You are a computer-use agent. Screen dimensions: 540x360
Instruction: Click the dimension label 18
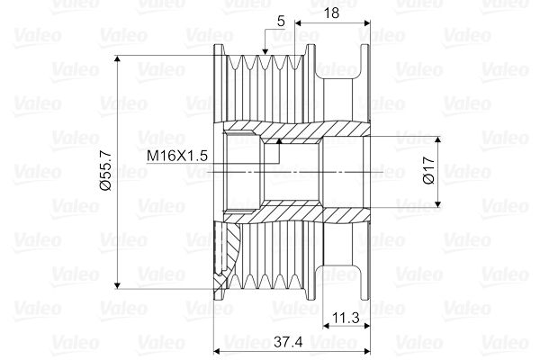coord(331,13)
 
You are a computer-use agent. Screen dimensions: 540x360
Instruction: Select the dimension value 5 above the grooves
coord(281,22)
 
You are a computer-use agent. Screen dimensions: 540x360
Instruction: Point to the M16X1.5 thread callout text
coord(177,156)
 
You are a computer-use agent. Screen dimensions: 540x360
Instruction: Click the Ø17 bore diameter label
coord(429,170)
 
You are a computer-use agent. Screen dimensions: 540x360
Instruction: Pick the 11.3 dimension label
coord(346,318)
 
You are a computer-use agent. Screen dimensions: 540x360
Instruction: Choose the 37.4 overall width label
coord(288,342)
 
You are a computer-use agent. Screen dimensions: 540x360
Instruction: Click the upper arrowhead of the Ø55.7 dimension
coord(117,58)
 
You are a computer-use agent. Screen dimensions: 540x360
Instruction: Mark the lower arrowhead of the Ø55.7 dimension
coord(117,285)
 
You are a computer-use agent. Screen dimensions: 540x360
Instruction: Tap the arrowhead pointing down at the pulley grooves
coord(265,51)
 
